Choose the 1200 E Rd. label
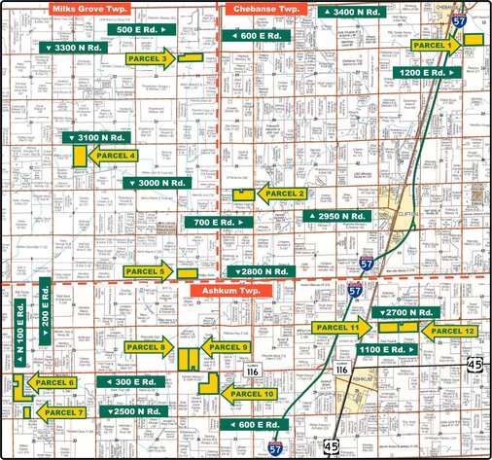coord(425,72)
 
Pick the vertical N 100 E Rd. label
coord(19,334)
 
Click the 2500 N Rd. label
coord(132,412)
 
